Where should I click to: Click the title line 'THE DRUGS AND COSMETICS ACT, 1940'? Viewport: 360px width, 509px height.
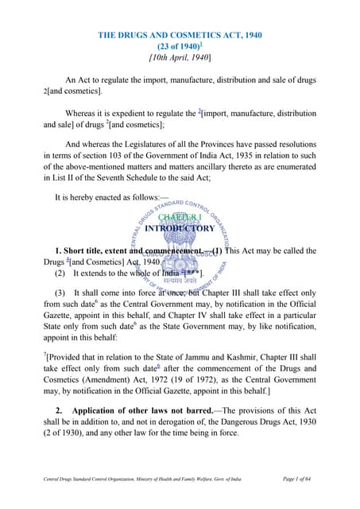tap(180, 36)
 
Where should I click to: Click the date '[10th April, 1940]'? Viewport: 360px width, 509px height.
tap(180, 59)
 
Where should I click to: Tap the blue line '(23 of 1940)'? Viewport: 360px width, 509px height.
tap(177, 47)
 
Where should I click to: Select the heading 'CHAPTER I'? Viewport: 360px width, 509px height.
tap(180, 216)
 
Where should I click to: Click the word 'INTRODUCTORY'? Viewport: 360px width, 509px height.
tap(180, 229)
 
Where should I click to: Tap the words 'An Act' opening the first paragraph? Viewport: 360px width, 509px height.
tap(78, 80)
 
